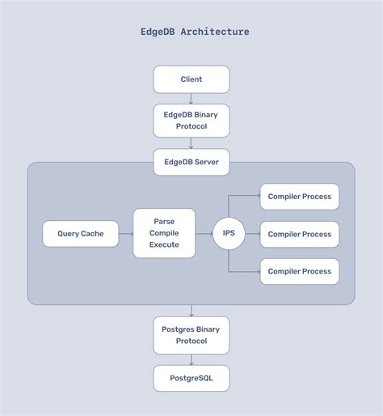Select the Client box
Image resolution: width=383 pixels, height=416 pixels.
point(191,79)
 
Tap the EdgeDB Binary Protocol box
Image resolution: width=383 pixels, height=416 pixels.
point(191,121)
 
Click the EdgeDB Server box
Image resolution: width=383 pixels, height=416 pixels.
point(191,162)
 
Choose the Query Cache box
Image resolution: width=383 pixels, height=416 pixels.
point(80,234)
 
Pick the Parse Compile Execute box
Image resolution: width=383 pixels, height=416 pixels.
point(164,233)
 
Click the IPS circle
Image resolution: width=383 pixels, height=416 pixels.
point(229,234)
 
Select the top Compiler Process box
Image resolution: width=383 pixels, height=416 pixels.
point(300,197)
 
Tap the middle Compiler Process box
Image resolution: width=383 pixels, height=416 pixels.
point(300,234)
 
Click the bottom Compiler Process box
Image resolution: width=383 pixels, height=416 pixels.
point(300,271)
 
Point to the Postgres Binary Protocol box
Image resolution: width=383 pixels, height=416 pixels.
point(191,335)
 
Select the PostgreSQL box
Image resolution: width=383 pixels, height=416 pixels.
point(191,378)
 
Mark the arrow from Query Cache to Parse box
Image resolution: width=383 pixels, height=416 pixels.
point(125,234)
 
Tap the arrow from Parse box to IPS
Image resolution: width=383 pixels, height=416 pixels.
point(204,234)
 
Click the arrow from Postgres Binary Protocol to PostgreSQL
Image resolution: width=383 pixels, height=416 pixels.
point(191,359)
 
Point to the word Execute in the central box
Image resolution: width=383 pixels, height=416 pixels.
point(164,245)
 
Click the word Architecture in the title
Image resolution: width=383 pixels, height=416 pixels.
point(215,32)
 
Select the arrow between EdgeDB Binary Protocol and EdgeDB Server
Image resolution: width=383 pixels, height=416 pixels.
point(191,143)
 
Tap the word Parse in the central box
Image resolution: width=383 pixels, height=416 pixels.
point(164,221)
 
